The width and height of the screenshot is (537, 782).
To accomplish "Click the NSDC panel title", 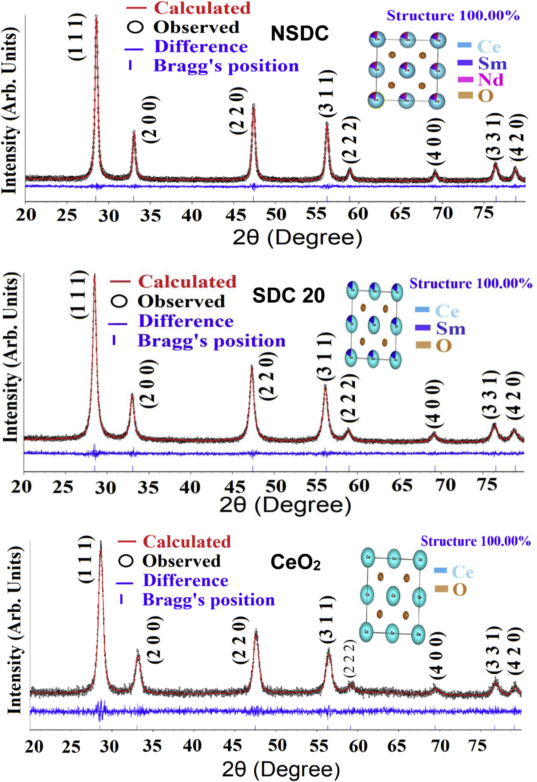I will pyautogui.click(x=300, y=33).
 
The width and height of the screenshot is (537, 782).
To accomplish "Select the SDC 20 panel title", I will pyautogui.click(x=288, y=295).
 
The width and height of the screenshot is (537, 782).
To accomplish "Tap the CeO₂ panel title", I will pyautogui.click(x=295, y=562).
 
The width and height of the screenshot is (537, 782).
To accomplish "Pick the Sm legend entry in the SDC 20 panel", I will pyautogui.click(x=450, y=328).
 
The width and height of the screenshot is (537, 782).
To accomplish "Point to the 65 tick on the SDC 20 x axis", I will pyautogui.click(x=402, y=486).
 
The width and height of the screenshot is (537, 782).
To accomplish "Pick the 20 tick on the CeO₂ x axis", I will pyautogui.click(x=34, y=746).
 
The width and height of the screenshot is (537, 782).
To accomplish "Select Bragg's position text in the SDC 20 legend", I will pyautogui.click(x=211, y=341).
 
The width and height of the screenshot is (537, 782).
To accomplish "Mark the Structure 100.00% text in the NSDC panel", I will pyautogui.click(x=453, y=15).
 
